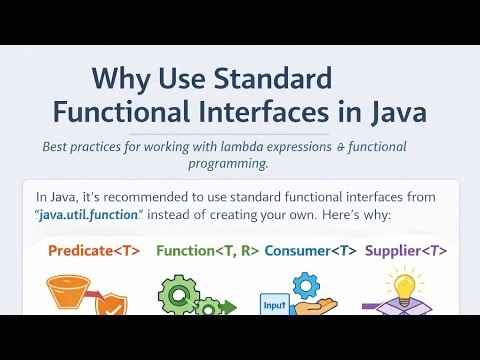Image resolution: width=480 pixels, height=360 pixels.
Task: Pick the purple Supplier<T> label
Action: [406, 251]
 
